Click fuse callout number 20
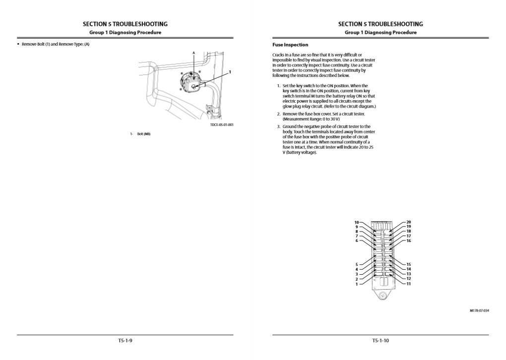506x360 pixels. [x=409, y=222]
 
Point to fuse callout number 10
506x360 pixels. [x=356, y=222]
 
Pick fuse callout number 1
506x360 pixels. [x=356, y=284]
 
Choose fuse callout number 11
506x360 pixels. [x=409, y=284]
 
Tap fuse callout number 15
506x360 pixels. [x=409, y=264]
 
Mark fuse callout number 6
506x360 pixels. [x=356, y=240]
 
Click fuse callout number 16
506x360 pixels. [x=409, y=240]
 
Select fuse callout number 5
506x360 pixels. [x=356, y=264]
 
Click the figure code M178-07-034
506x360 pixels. [x=479, y=310]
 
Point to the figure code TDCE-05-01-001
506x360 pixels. [x=222, y=124]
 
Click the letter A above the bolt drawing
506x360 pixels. [x=193, y=53]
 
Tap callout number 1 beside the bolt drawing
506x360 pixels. [x=230, y=72]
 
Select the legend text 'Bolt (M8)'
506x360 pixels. [x=143, y=134]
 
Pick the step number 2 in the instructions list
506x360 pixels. [x=279, y=114]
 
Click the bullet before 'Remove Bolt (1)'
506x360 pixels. [x=18, y=45]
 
